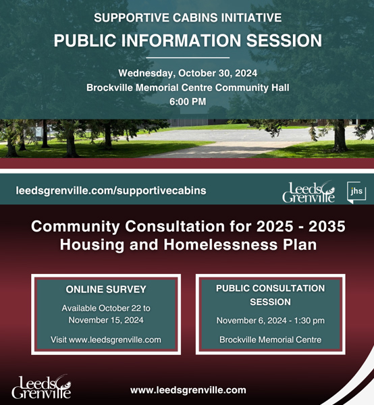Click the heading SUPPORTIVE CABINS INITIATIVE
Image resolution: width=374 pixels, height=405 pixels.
pos(188,18)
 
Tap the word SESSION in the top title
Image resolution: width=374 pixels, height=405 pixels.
pos(284,40)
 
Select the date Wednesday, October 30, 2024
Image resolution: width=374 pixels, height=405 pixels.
pos(188,74)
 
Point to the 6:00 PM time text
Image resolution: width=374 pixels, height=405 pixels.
pos(188,101)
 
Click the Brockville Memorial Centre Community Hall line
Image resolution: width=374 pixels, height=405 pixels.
pos(188,88)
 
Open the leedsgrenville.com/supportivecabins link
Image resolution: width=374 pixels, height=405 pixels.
pos(111,190)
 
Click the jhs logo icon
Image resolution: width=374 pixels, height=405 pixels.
pos(356,192)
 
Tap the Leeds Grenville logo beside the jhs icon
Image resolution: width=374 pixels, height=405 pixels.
pos(309,192)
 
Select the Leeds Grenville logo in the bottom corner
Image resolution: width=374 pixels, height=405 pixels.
pos(41,387)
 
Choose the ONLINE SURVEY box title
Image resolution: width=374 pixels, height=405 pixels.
pos(106,290)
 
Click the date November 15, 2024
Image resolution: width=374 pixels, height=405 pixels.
pos(106,320)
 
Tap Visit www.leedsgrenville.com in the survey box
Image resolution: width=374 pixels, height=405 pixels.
pos(106,340)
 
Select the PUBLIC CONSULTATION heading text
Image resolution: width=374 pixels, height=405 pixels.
pos(271,288)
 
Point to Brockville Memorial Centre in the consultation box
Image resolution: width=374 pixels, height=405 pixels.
pos(271,340)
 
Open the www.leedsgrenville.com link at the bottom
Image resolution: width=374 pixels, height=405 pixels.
pos(188,390)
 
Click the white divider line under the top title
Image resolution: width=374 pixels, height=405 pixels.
pos(188,57)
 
